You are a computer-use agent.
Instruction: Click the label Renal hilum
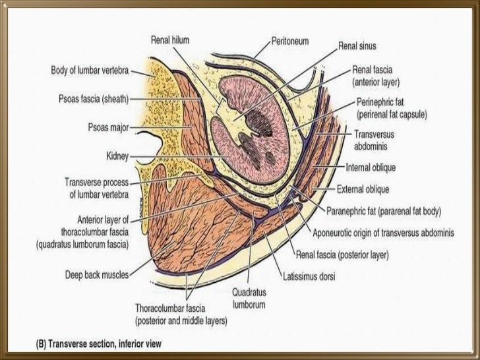tap(170, 40)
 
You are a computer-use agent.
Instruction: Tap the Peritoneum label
tap(291, 40)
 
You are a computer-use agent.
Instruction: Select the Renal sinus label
tap(357, 47)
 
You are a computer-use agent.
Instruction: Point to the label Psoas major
tap(107, 125)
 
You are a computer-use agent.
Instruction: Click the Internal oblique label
tap(372, 167)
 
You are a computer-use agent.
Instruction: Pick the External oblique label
tap(363, 189)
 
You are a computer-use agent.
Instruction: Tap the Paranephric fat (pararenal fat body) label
tap(384, 212)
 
